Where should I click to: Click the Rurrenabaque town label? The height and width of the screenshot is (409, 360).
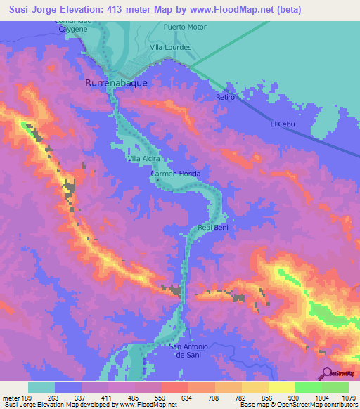point(116,82)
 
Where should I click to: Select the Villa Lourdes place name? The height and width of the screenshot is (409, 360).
point(171,47)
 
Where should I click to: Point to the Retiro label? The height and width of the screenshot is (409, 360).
point(225,98)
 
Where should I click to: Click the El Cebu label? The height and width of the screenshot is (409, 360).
point(281,124)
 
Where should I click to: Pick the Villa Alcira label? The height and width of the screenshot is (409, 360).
point(143,159)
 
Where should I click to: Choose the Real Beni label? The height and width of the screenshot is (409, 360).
point(214,228)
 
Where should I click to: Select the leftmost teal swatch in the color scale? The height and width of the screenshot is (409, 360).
point(41,387)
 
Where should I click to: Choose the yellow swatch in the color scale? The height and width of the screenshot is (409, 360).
point(281,387)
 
